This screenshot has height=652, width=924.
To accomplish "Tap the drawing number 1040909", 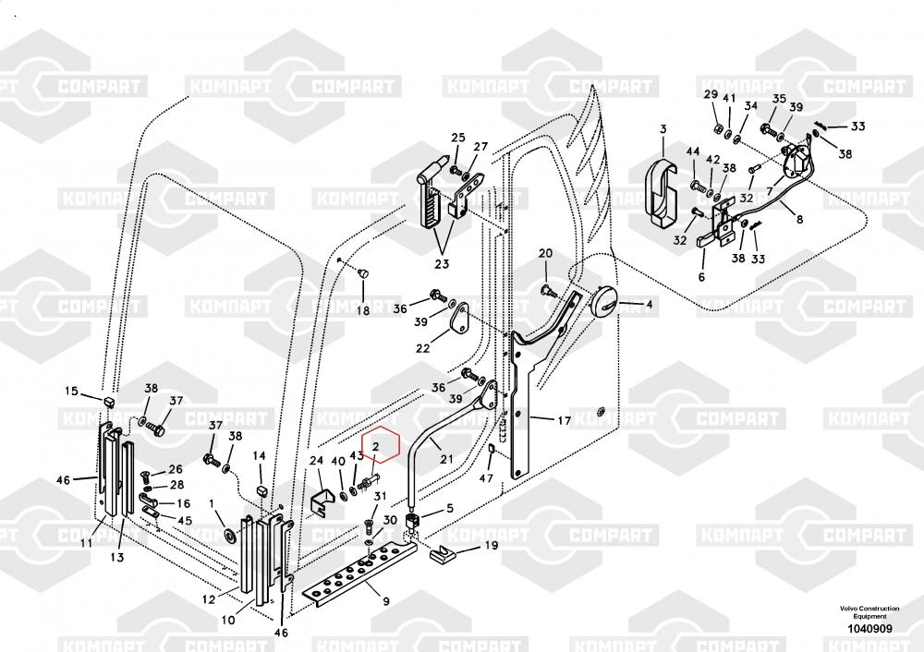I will pyautogui.click(x=868, y=629).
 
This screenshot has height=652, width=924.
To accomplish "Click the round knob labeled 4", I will pyautogui.click(x=606, y=301).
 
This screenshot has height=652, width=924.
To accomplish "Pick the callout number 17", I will pyautogui.click(x=563, y=421).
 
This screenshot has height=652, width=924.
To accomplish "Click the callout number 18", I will pyautogui.click(x=363, y=311).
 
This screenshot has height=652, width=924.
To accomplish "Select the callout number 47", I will pyautogui.click(x=486, y=479).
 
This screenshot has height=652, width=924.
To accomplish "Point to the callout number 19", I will pyautogui.click(x=491, y=546).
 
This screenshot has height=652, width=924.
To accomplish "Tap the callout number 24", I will pyautogui.click(x=316, y=461).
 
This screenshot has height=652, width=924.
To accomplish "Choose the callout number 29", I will pyautogui.click(x=711, y=95).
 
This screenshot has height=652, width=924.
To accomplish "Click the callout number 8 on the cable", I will pyautogui.click(x=800, y=220).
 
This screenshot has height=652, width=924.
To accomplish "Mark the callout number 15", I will pyautogui.click(x=71, y=392).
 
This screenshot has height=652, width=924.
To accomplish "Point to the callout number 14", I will pyautogui.click(x=259, y=455).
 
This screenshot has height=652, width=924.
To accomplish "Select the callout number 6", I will pyautogui.click(x=700, y=277).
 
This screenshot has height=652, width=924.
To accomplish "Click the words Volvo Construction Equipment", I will pyautogui.click(x=868, y=612).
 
